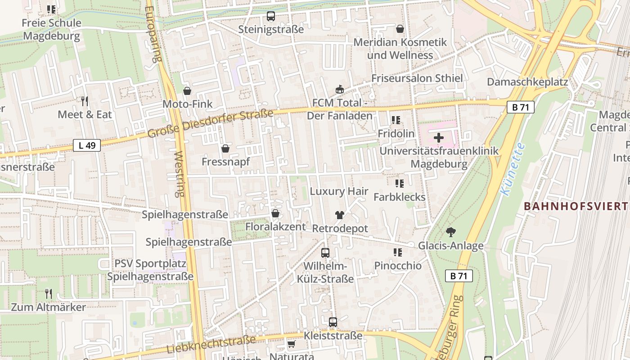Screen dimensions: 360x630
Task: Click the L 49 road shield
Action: [x=87, y=145]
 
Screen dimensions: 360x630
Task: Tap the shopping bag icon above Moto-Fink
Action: [x=187, y=91]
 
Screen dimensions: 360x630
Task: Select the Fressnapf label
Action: [x=225, y=162]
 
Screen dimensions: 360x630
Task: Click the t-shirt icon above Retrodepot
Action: [x=339, y=215]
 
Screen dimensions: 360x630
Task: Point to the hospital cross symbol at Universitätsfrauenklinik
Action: [x=439, y=137]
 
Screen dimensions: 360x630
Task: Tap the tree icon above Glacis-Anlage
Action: [x=450, y=232]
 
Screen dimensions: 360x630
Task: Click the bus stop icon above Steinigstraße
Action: [x=271, y=17]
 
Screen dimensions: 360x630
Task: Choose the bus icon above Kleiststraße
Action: [x=333, y=322]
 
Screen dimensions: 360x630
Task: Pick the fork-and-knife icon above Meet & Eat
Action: [x=84, y=101]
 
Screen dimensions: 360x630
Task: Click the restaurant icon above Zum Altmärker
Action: [x=49, y=294]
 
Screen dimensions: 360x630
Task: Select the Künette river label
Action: [x=513, y=169]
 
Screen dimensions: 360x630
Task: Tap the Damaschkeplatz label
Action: [x=527, y=82]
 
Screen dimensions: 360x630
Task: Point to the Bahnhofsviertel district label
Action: [x=576, y=207]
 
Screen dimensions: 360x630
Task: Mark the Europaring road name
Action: [x=153, y=34]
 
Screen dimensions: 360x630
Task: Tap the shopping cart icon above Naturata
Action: [x=291, y=344]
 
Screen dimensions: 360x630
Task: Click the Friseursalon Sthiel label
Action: [x=417, y=78]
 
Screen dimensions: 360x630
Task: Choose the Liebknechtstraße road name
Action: [x=211, y=344]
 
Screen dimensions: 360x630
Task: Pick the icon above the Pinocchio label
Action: [x=397, y=252]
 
